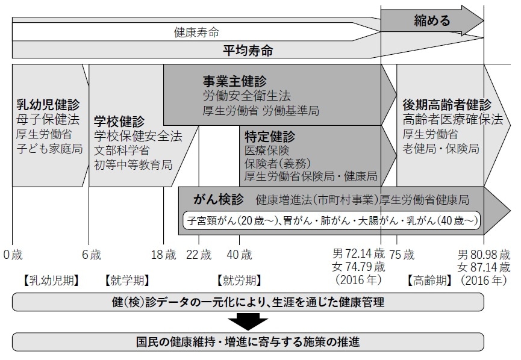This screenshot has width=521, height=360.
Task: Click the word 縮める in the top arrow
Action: (432, 21)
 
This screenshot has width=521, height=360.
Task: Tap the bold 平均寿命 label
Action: (248, 51)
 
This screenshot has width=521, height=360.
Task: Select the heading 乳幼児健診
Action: (48, 105)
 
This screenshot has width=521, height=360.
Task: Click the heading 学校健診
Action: (120, 122)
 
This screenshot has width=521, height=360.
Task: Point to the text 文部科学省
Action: (122, 150)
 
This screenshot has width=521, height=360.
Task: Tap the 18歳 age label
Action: (163, 254)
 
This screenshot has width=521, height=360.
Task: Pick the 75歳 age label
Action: (402, 254)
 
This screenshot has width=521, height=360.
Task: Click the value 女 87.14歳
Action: (484, 267)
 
